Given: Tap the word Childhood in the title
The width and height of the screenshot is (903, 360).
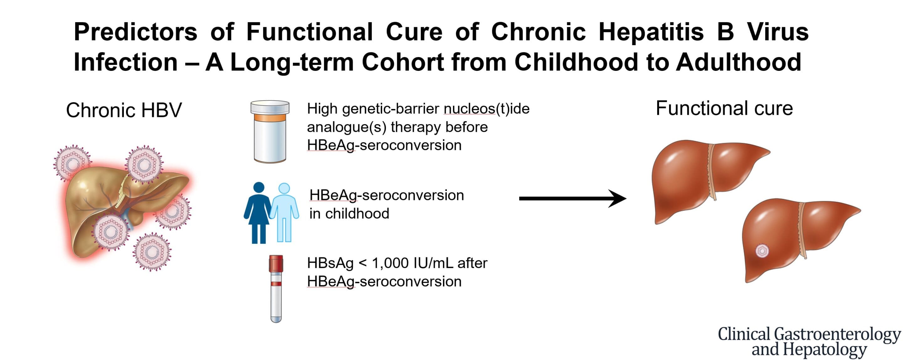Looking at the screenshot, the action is (575, 62).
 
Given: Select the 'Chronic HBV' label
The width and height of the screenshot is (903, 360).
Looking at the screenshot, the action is (124, 110).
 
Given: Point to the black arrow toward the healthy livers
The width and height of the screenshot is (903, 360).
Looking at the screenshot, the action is (573, 199).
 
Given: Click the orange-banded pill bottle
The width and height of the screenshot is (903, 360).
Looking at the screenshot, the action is (270, 132).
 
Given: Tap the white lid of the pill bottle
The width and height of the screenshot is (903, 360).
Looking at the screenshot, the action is (270, 107).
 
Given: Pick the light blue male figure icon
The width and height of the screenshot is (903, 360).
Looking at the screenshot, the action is (285, 212).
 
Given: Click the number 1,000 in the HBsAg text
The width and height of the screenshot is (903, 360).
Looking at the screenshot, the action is (390, 263).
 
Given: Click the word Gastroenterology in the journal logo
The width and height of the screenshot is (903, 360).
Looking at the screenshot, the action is (837, 335).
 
